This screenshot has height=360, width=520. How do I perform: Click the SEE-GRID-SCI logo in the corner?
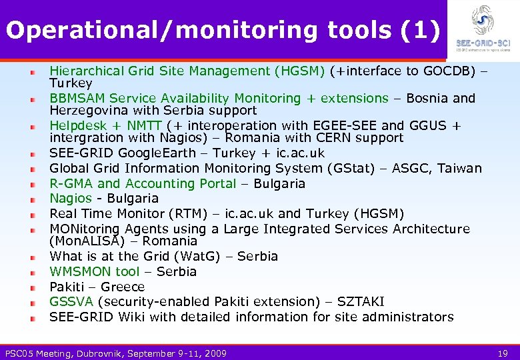(x=483, y=28)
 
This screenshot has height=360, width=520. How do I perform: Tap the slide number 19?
(x=504, y=353)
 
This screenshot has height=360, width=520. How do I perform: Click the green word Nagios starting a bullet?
(x=71, y=198)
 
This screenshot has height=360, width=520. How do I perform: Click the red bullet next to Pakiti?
(x=33, y=287)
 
